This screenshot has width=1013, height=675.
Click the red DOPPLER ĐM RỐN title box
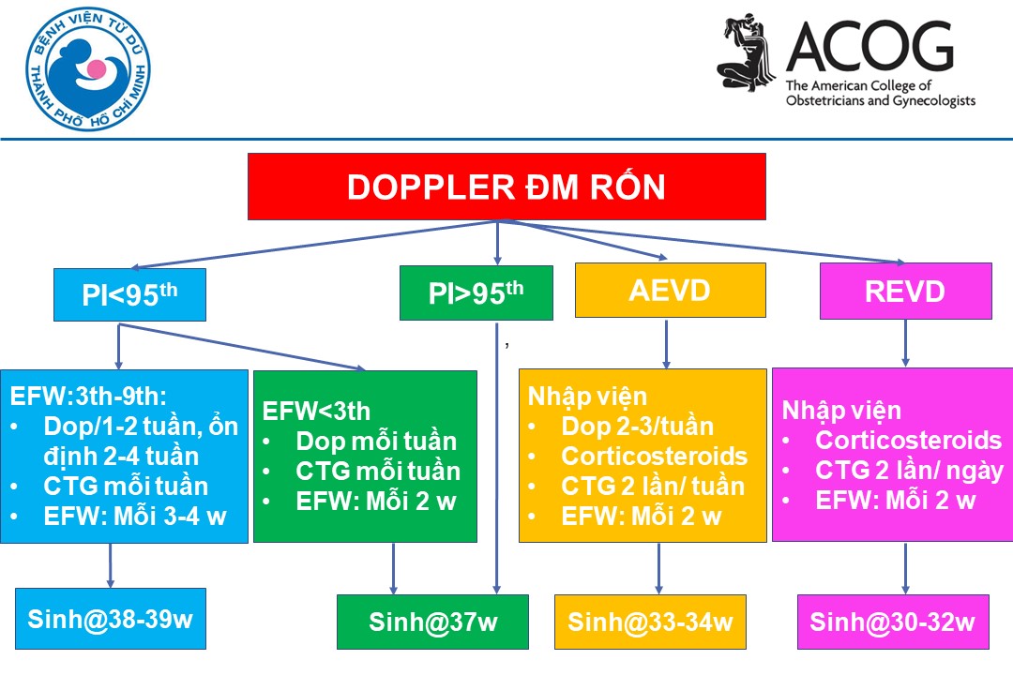(x=506, y=187)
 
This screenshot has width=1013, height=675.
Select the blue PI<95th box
(x=129, y=294)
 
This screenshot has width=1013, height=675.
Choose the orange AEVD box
(x=670, y=290)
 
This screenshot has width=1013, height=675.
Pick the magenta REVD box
(x=905, y=292)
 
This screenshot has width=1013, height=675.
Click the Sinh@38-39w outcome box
(x=110, y=619)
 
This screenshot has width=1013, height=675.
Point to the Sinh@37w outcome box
(x=432, y=622)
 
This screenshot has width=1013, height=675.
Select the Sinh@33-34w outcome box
(x=650, y=622)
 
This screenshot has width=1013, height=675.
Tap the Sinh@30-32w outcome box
(x=892, y=622)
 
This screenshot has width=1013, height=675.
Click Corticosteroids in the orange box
(x=654, y=457)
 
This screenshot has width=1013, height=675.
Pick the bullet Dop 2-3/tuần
(x=637, y=427)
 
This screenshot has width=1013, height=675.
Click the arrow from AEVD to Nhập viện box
(x=667, y=343)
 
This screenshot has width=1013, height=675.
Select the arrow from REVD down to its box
(x=905, y=343)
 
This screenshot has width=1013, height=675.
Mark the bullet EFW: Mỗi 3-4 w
(x=134, y=517)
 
